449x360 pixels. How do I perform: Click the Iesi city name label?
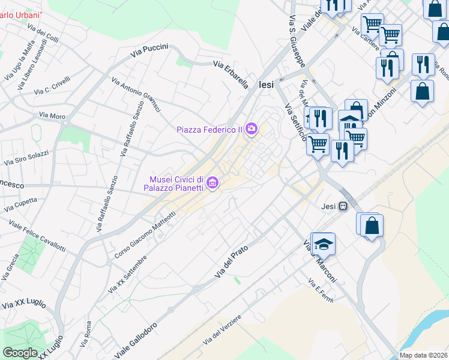click(266, 85)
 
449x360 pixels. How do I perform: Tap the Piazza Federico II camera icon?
click(252, 128)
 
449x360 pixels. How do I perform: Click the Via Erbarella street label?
click(231, 75)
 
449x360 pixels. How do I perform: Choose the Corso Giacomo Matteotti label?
click(145, 231)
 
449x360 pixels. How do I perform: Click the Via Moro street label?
click(52, 115)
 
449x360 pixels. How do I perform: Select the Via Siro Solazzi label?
click(26, 159)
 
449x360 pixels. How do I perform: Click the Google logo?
click(20, 353)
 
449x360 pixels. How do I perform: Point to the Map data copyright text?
click(424, 355)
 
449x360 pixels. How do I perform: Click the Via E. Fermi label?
click(320, 290)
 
